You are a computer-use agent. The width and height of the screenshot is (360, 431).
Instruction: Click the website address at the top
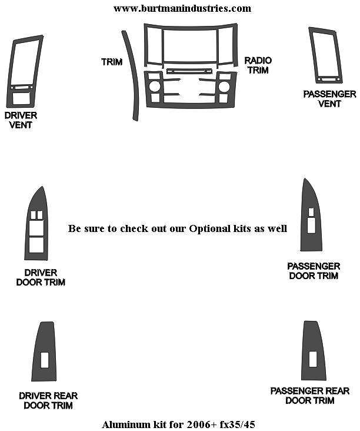click(182, 8)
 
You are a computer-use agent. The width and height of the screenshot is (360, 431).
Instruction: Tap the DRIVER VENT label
click(21, 120)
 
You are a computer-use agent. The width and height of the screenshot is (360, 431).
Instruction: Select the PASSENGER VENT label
click(329, 99)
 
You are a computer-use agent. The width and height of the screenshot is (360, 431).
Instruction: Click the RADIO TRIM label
click(258, 65)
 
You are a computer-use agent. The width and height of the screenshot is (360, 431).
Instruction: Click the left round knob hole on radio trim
click(155, 87)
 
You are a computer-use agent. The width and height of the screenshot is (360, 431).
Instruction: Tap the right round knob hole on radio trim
click(224, 87)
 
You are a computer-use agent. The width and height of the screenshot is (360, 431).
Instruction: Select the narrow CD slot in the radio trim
click(189, 71)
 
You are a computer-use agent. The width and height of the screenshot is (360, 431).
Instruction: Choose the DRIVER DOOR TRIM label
click(41, 277)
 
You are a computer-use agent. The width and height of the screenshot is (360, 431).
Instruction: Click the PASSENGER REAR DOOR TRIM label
click(310, 396)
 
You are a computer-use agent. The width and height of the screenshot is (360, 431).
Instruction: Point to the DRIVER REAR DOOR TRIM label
click(48, 400)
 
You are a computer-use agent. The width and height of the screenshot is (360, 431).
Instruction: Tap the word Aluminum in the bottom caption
click(122, 425)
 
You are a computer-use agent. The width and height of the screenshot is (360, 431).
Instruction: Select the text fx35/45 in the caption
click(238, 425)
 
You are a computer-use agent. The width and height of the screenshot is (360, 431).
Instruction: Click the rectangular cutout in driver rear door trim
click(45, 360)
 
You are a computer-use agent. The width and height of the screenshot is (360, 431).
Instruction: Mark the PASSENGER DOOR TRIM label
click(314, 271)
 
